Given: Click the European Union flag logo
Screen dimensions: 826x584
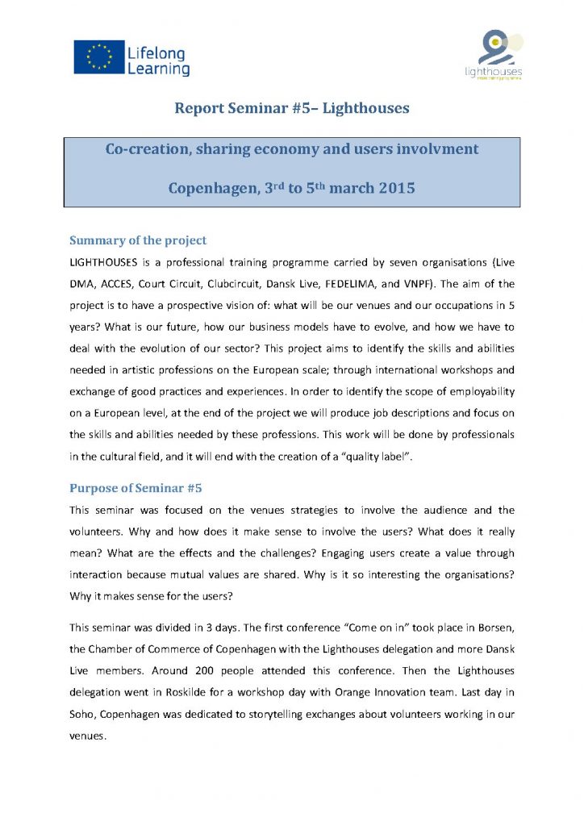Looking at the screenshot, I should click(x=98, y=57).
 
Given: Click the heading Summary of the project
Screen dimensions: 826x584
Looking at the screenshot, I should click(x=138, y=240).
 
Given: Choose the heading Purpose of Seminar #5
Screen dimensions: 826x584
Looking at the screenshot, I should click(x=136, y=488).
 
